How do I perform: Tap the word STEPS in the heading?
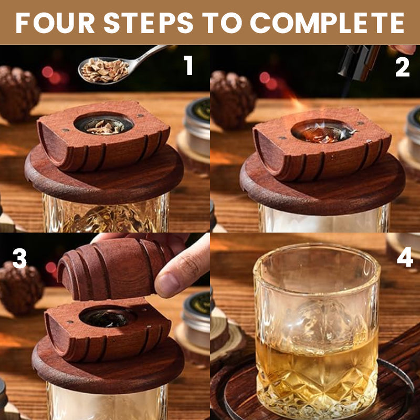[x=149, y=23]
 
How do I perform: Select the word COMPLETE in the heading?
[x=327, y=23]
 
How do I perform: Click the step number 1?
[x=188, y=65]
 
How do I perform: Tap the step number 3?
[x=19, y=258]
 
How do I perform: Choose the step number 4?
[x=405, y=257]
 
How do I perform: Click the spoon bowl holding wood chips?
[x=104, y=70]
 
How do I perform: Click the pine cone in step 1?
[x=18, y=94]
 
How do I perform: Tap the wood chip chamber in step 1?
[x=103, y=124]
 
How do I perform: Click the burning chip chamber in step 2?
[x=323, y=131]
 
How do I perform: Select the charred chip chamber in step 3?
[x=108, y=317]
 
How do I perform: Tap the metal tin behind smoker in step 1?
[x=198, y=127]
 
